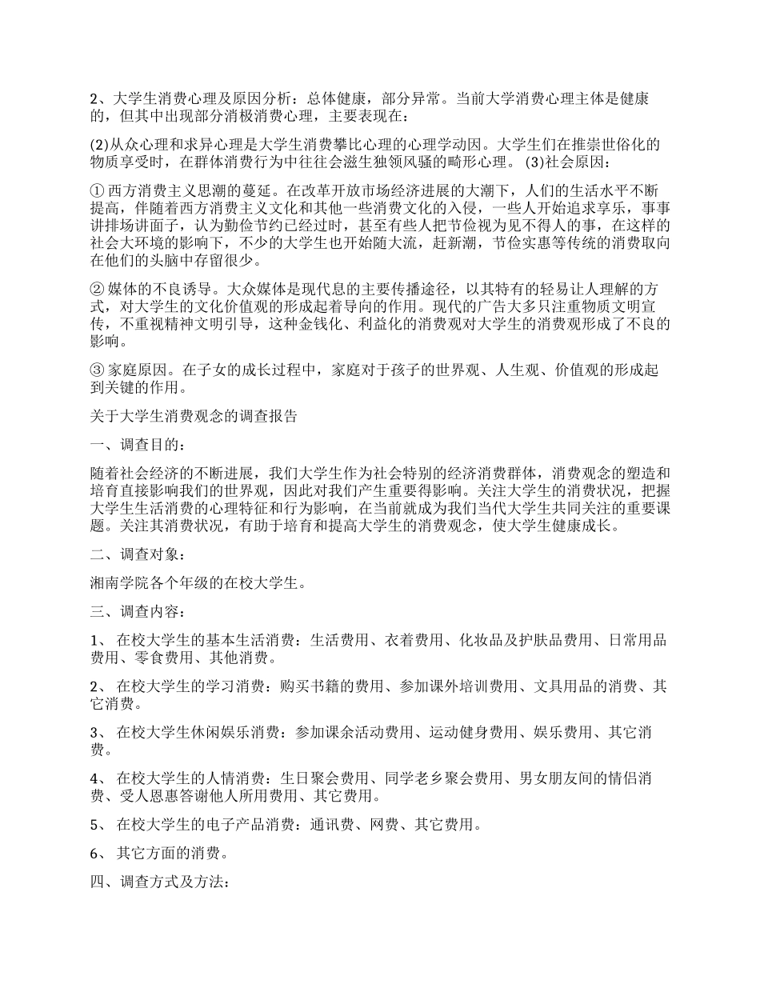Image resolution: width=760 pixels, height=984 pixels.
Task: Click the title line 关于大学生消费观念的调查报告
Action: tap(194, 416)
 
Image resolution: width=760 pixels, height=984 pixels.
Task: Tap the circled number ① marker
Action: tap(98, 192)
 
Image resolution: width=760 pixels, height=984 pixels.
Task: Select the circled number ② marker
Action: tap(98, 288)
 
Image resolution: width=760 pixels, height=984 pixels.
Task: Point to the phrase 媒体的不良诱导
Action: tap(162, 288)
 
